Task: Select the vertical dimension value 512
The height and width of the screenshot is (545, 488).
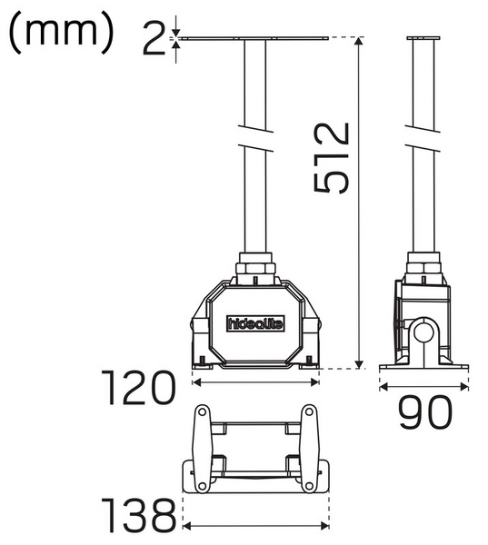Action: pyautogui.click(x=332, y=156)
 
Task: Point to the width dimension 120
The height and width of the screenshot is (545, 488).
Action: pyautogui.click(x=138, y=389)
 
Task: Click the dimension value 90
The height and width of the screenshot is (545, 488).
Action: pyautogui.click(x=425, y=413)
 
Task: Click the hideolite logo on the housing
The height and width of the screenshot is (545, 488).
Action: pyautogui.click(x=254, y=322)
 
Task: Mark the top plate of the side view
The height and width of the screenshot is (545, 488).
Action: pyautogui.click(x=421, y=38)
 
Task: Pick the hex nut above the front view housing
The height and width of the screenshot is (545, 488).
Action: pyautogui.click(x=255, y=270)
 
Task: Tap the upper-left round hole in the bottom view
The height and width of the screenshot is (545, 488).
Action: pyautogui.click(x=202, y=414)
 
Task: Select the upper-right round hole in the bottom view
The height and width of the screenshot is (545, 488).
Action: pyautogui.click(x=309, y=414)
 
